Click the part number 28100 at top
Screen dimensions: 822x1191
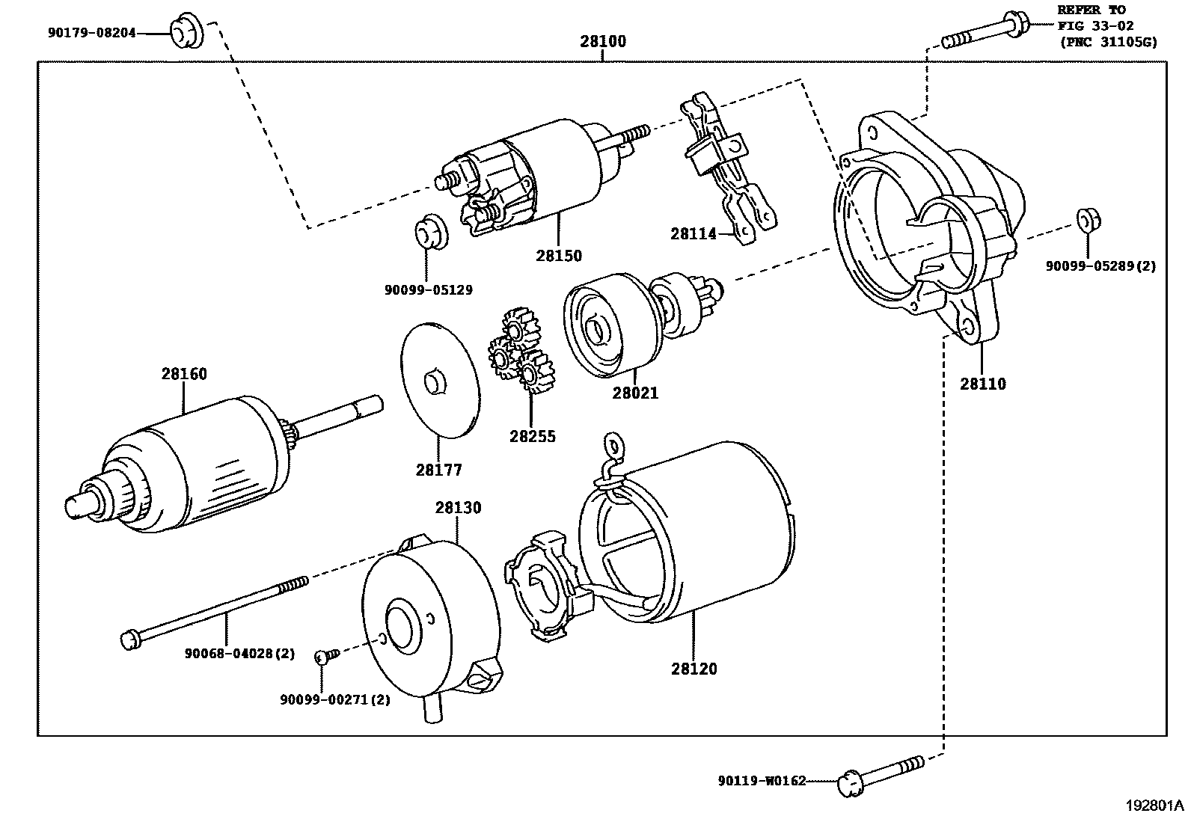click(x=602, y=42)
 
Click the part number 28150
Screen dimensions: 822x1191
click(x=558, y=256)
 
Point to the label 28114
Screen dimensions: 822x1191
click(x=693, y=234)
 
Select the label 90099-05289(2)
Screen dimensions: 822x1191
click(x=1100, y=266)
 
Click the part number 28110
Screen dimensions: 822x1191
click(x=983, y=384)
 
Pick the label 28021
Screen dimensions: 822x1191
click(x=635, y=393)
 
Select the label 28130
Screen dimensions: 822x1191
click(x=458, y=508)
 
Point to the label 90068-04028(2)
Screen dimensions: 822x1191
click(x=239, y=654)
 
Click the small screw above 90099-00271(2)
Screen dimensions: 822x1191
click(x=327, y=656)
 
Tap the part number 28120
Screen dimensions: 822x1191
click(x=694, y=669)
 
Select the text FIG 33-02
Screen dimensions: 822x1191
click(x=1095, y=25)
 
